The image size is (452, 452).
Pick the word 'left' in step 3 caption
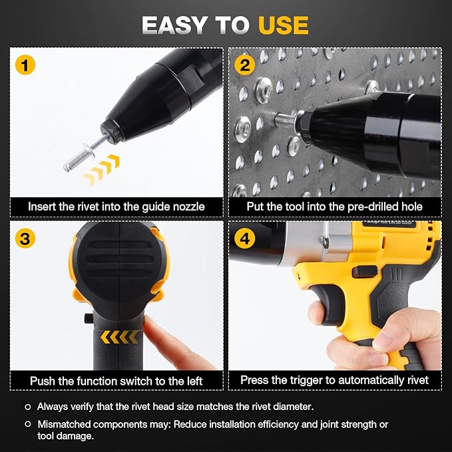pos(192,381)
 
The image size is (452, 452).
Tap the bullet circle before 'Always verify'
pos(27,406)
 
